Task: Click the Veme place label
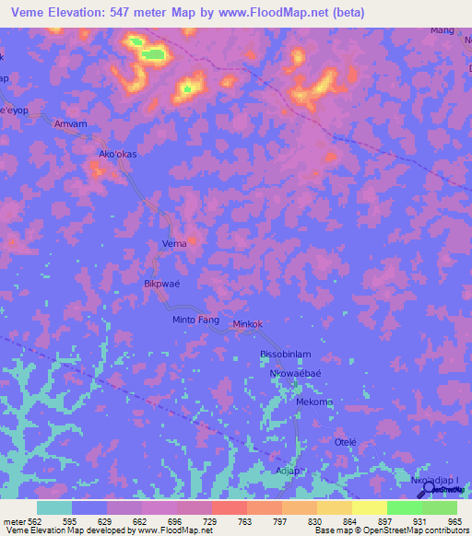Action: pos(174,243)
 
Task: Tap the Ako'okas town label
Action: pos(118,154)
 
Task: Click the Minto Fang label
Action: pos(195,320)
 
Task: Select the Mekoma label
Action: pos(313,402)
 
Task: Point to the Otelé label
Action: pos(345,442)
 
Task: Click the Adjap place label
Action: pos(289,470)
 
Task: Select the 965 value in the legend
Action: pos(452,522)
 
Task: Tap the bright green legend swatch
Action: pos(405,507)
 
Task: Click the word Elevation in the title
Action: pos(73,13)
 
